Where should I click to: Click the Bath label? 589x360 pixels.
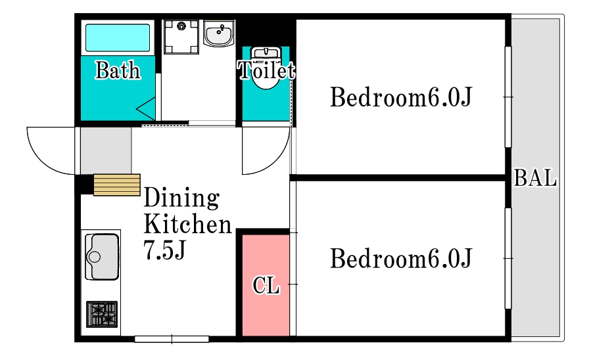point(118,70)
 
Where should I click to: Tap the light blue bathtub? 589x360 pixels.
point(118,37)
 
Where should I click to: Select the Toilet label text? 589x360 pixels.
point(266,70)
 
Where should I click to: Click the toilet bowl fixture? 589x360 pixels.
point(266,68)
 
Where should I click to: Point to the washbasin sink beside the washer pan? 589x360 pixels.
point(219,33)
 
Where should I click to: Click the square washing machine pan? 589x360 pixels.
point(181,37)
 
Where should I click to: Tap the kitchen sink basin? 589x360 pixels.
point(102,257)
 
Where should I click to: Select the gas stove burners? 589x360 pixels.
point(102,314)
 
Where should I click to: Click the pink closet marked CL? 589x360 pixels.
point(266,285)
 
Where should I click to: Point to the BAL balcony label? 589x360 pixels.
point(535,178)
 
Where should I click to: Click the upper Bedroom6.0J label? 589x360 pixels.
point(401,97)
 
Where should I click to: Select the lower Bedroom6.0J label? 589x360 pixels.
point(401,258)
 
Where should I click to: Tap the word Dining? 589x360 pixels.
point(181,198)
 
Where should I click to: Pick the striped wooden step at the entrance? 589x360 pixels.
point(117,185)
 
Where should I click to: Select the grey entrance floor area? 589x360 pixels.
point(106,150)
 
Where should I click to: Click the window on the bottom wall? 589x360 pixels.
point(172,340)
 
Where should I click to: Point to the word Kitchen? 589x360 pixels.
point(187,224)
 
